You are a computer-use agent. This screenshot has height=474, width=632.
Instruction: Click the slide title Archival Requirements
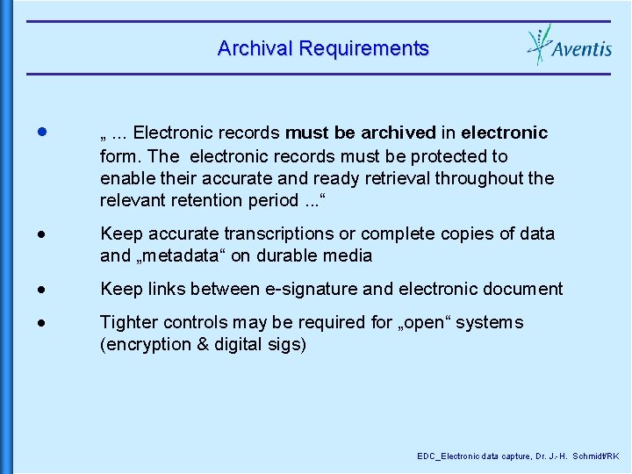(323, 48)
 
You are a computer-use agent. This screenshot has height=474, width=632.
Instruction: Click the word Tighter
(128, 323)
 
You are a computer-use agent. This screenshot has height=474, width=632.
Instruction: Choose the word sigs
(287, 345)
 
